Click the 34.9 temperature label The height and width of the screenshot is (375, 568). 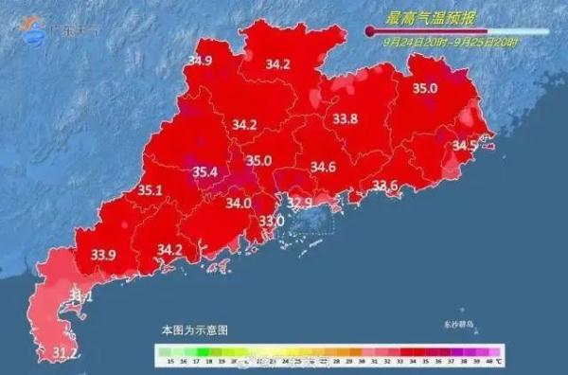click(x=200, y=61)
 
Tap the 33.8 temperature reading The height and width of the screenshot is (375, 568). click(x=346, y=119)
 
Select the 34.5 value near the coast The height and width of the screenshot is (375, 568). click(x=465, y=146)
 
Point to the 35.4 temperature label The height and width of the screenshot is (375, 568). click(x=205, y=171)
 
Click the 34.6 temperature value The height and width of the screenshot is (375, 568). click(x=324, y=168)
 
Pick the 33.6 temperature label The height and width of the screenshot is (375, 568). click(x=384, y=186)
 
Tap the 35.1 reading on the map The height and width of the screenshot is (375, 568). click(x=151, y=190)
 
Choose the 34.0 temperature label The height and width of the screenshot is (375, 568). click(x=239, y=203)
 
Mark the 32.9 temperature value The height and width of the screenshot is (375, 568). click(x=300, y=203)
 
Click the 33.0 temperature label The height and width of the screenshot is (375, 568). click(x=272, y=221)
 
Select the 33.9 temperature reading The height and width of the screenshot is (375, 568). click(x=103, y=254)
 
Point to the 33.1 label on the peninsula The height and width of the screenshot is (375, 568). click(x=82, y=298)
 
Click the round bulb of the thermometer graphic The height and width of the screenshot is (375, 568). click(x=370, y=31)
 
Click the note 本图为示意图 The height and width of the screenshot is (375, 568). click(x=195, y=330)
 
